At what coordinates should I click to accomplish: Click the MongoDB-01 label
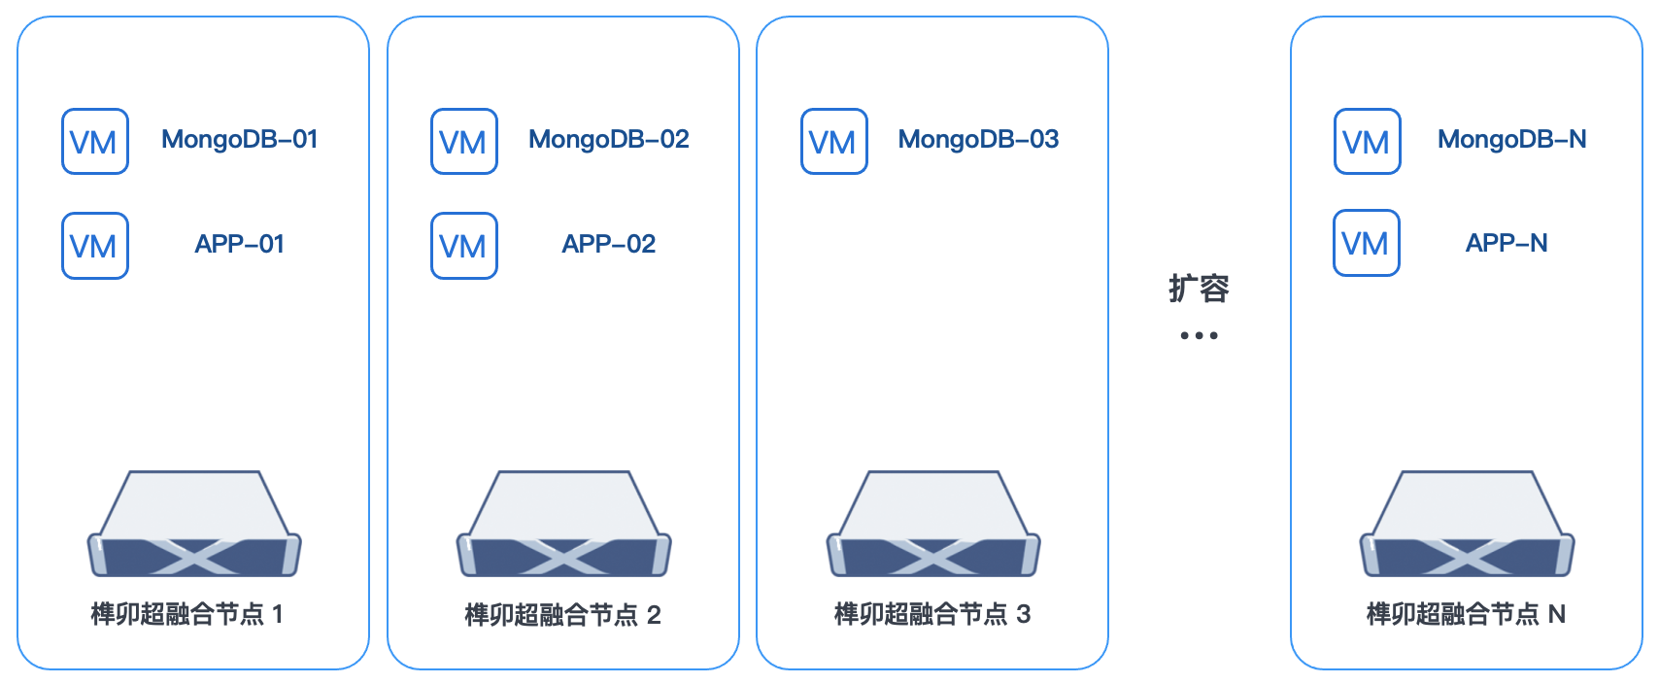(239, 140)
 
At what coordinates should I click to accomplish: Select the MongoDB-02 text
(609, 140)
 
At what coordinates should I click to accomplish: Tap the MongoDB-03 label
(978, 140)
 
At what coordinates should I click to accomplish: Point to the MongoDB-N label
(1511, 140)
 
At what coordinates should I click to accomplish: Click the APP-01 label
(239, 244)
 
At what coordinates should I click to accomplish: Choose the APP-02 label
(609, 244)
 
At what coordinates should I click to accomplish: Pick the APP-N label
(1507, 243)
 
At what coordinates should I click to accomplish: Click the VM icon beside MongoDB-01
(95, 142)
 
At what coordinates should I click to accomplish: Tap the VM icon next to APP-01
(95, 246)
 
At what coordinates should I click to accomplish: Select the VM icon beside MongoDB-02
(464, 142)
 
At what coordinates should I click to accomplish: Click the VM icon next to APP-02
(464, 246)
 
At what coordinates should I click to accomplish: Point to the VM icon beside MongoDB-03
(834, 142)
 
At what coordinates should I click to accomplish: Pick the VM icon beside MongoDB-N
(1368, 142)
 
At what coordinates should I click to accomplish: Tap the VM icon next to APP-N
(1367, 243)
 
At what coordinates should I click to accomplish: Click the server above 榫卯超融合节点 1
(194, 526)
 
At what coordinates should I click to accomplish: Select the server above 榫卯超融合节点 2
(564, 526)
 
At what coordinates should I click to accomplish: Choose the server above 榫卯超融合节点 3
(933, 526)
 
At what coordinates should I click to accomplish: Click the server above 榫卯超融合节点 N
(1467, 526)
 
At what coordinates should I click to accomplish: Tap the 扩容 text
(1199, 289)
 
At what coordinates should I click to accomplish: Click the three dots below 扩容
(1199, 335)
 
